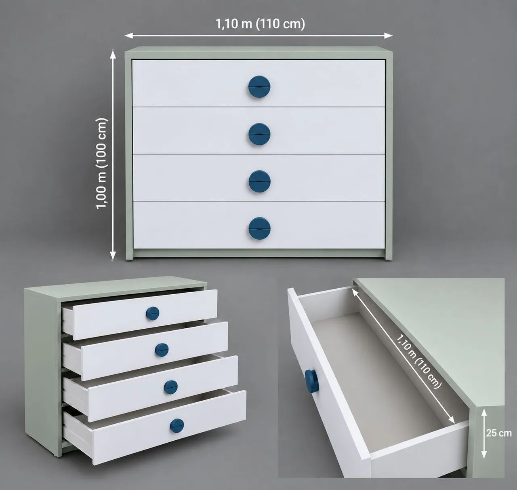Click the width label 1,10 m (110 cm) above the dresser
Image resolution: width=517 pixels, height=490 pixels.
tap(261, 24)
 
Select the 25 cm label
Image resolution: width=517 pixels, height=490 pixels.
tap(499, 433)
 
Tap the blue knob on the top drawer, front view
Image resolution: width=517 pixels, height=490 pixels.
tap(259, 87)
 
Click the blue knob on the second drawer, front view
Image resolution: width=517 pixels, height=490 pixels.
tap(259, 134)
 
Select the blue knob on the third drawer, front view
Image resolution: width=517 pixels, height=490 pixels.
tap(259, 181)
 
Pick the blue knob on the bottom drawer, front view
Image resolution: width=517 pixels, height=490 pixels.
tap(259, 228)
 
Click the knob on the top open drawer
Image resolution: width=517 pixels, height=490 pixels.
tap(153, 313)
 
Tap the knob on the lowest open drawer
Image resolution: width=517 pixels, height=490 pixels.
tap(177, 425)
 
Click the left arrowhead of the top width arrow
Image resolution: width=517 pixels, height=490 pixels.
tap(128, 35)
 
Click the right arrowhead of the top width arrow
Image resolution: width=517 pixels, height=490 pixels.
tap(389, 35)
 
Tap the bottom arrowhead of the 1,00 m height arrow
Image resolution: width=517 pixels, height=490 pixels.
tap(113, 256)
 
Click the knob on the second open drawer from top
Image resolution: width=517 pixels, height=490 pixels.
tap(162, 350)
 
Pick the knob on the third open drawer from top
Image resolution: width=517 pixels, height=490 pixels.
tap(171, 387)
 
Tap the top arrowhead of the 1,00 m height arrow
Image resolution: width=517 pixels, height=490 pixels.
tap(113, 54)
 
